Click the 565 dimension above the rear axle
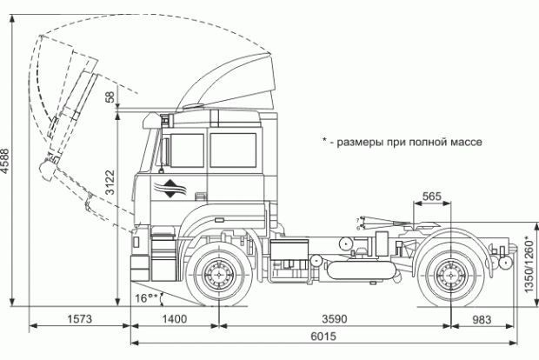[432, 197]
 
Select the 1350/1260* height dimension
[528, 260]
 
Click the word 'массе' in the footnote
[462, 141]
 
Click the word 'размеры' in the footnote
[361, 141]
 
